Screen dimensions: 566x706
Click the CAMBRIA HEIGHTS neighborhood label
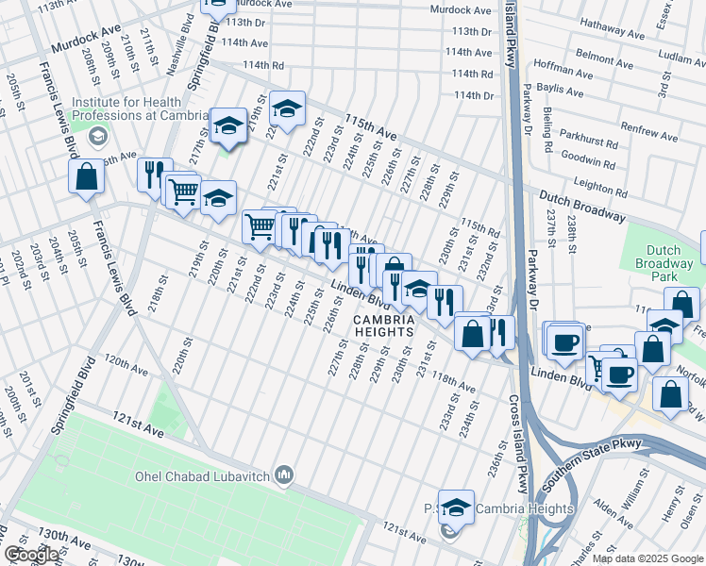tap(384, 325)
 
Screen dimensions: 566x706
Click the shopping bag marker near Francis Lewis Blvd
tap(86, 177)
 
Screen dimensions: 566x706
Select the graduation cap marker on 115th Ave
tap(287, 109)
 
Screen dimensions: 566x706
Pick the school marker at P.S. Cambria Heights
tap(457, 508)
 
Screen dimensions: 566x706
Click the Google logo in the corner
tap(31, 555)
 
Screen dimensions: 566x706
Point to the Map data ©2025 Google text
tap(647, 558)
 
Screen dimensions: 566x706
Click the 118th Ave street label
tap(454, 380)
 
